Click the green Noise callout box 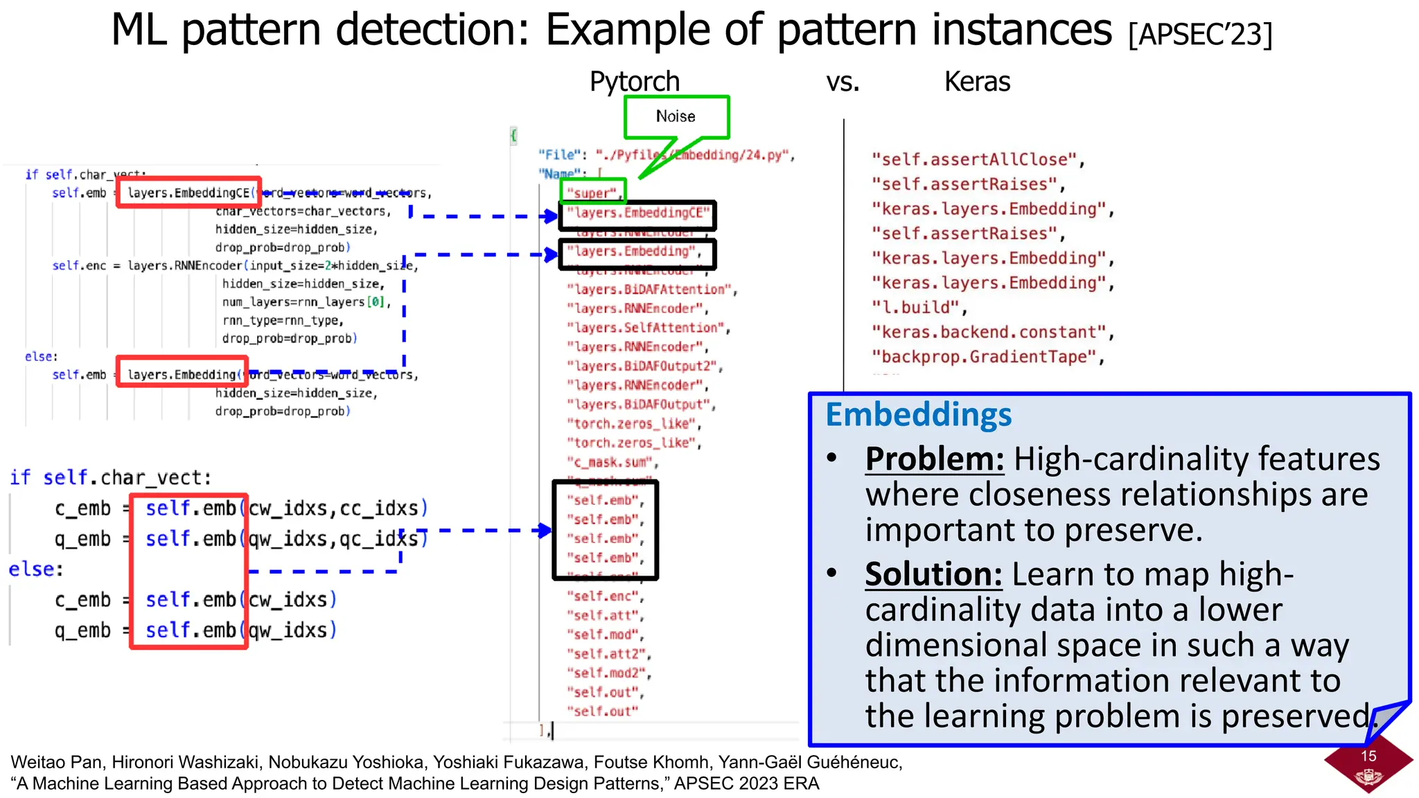pos(676,117)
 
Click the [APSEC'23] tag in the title pos(1200,34)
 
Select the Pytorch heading pos(634,82)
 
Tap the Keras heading pos(977,82)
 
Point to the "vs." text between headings pos(843,82)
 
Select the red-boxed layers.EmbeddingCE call pos(188,193)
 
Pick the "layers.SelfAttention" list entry pos(647,328)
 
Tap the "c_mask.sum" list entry pos(611,462)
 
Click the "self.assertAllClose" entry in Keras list pos(976,159)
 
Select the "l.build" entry pos(918,308)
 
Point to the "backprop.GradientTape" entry pos(985,357)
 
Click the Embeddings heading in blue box pos(918,415)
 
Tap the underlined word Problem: pos(934,459)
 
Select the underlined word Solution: pos(933,574)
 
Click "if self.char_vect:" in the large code pos(111,477)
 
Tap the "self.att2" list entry pos(607,654)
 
